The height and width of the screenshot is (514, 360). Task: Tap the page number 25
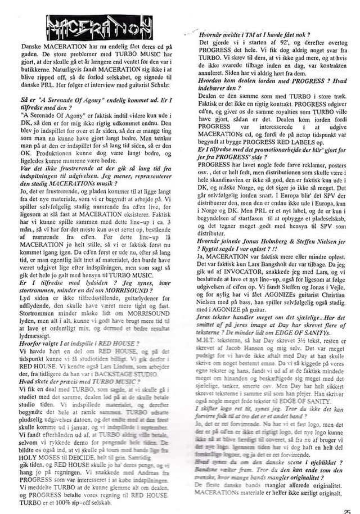(x=353, y=507)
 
